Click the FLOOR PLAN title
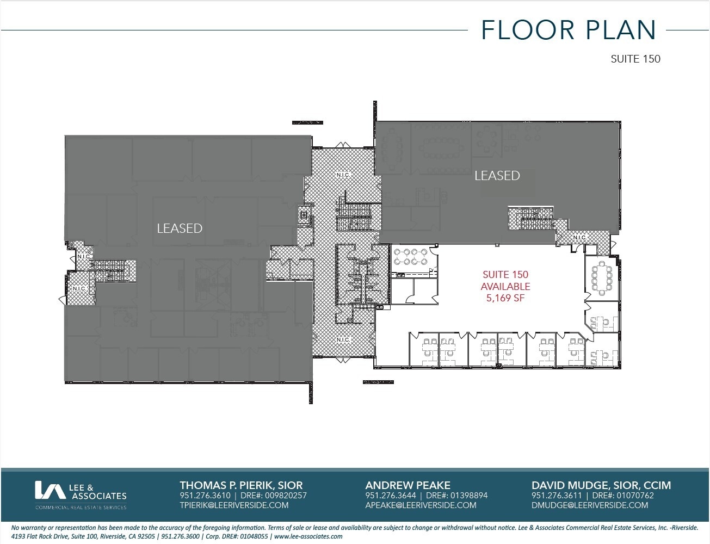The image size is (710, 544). pyautogui.click(x=569, y=30)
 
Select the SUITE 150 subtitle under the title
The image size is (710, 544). pyautogui.click(x=635, y=59)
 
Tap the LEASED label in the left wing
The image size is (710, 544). pyautogui.click(x=180, y=228)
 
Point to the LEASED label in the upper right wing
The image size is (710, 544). pyautogui.click(x=497, y=176)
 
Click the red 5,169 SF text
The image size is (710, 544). pyautogui.click(x=505, y=298)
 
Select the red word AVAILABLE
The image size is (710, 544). pyautogui.click(x=505, y=286)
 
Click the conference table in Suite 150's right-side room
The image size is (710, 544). pyautogui.click(x=601, y=277)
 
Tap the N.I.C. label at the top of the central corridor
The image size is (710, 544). pyautogui.click(x=343, y=175)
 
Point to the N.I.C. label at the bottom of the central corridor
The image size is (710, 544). pyautogui.click(x=343, y=339)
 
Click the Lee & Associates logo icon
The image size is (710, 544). pyautogui.click(x=50, y=490)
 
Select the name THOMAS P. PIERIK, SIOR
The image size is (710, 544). pyautogui.click(x=241, y=485)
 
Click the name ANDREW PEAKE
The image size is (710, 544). pyautogui.click(x=408, y=485)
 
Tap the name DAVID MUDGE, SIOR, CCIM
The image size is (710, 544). pyautogui.click(x=601, y=485)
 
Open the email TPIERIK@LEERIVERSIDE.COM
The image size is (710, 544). pyautogui.click(x=234, y=505)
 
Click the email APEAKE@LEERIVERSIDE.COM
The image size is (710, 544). pyautogui.click(x=421, y=505)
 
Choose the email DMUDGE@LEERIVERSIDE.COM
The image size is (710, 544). pyautogui.click(x=590, y=505)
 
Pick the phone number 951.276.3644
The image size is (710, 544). pyautogui.click(x=391, y=496)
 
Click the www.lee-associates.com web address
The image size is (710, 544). pyautogui.click(x=308, y=536)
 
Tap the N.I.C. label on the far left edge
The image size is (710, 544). pyautogui.click(x=79, y=288)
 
